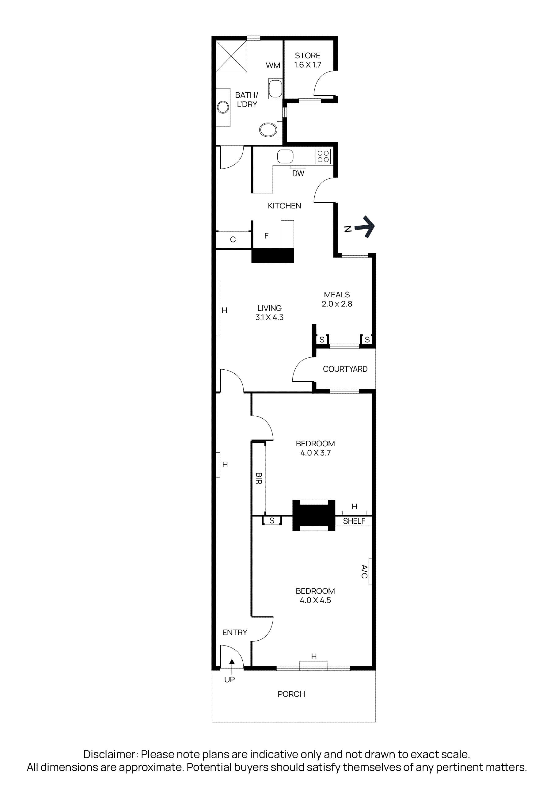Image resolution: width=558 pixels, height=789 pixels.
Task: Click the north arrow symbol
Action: coord(365,227)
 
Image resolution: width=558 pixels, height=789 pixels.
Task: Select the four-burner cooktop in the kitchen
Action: coord(323,156)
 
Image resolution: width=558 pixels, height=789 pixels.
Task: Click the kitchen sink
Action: coord(285,157)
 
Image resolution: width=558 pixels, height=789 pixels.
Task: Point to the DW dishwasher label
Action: coord(298,173)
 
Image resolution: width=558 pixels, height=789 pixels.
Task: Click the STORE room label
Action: coord(308,56)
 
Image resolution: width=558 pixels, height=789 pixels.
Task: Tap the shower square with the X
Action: coord(231,56)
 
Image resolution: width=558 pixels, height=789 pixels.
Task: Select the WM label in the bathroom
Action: coord(273,65)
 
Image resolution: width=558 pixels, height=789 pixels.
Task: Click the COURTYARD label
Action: coord(345,369)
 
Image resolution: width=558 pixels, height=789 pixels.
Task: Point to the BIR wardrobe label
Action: coord(259,478)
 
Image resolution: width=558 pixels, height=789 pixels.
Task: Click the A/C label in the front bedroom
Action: coord(364,571)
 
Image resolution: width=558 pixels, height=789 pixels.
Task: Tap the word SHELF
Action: coord(354,521)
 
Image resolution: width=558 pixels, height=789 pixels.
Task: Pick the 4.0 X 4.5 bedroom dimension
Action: coord(315,600)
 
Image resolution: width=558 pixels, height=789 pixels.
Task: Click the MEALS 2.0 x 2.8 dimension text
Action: coord(337,304)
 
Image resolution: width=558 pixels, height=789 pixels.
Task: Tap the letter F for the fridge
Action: coord(266,236)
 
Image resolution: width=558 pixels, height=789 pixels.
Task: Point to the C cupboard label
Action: coord(233,239)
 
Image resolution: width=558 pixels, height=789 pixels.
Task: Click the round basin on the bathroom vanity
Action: coord(223,107)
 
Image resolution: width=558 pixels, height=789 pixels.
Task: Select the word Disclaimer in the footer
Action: coord(110,754)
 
